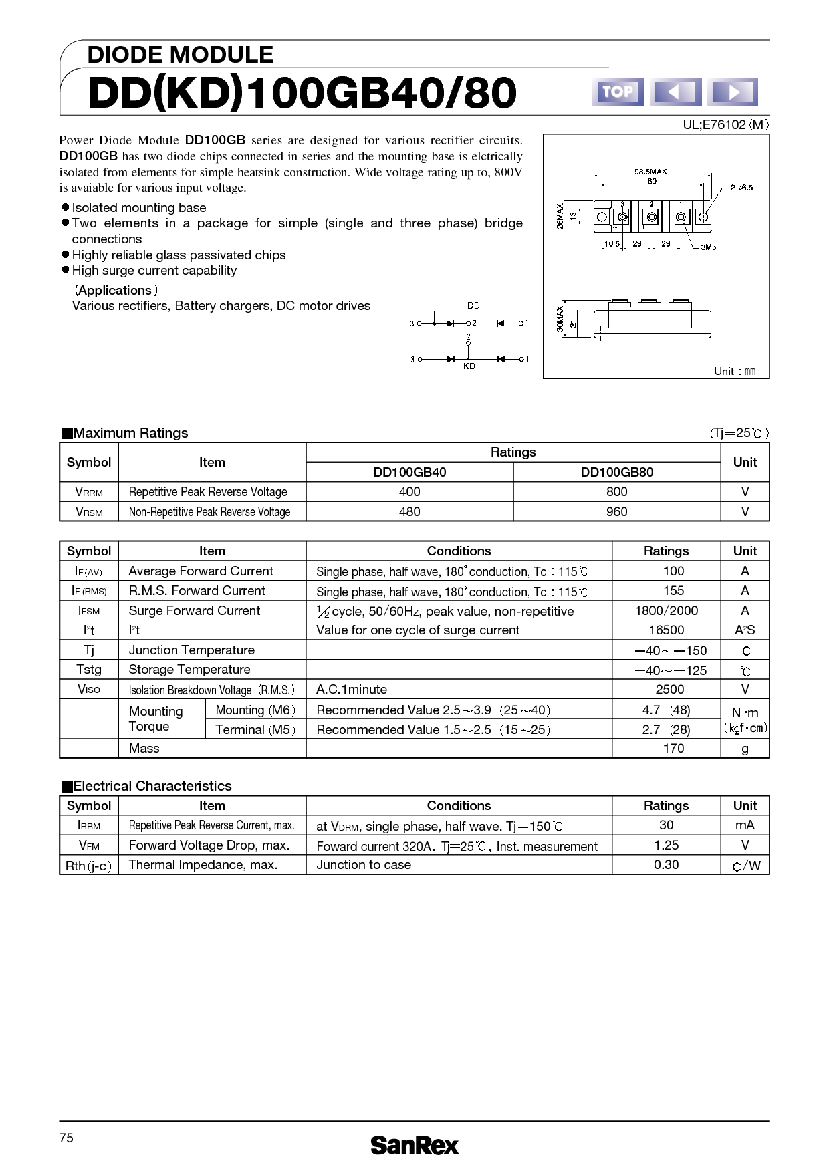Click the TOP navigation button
point(618,92)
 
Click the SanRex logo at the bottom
point(414,1146)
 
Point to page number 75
point(66,1138)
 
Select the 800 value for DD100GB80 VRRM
point(616,492)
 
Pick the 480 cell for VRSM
point(409,511)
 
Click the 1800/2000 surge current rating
point(666,610)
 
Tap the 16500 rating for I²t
point(666,630)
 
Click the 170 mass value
point(673,748)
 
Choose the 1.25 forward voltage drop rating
point(666,845)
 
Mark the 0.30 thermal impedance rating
point(666,864)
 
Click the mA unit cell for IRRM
point(745,825)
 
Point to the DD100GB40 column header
point(409,472)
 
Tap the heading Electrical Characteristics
point(152,786)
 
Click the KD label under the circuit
point(469,366)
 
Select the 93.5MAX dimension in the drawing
point(650,172)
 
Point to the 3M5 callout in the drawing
point(708,247)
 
